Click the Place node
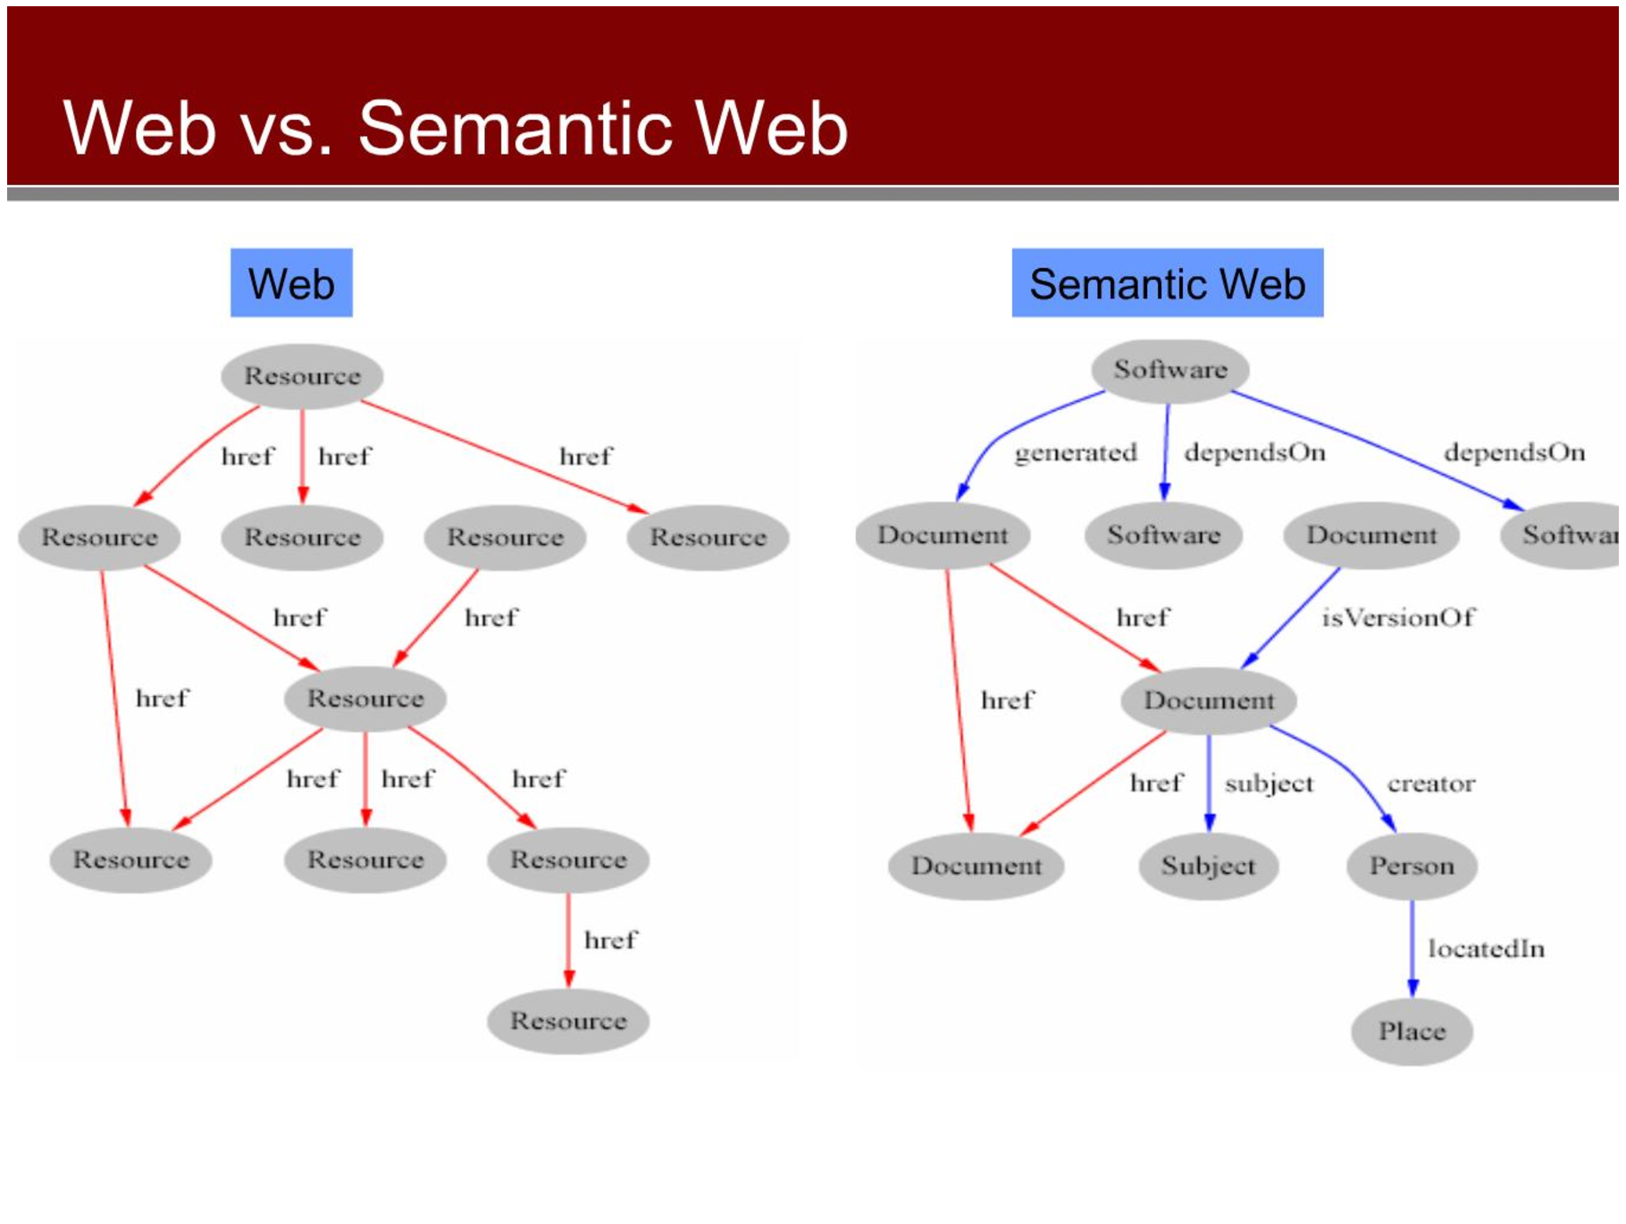click(1412, 1031)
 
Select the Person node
click(1412, 866)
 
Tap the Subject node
click(1208, 866)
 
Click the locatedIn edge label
click(1487, 949)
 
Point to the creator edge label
click(1430, 784)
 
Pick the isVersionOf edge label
click(1398, 617)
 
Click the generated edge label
click(1076, 453)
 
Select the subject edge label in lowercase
click(1269, 784)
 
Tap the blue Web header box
click(291, 283)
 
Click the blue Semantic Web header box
click(1168, 283)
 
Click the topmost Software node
click(1169, 370)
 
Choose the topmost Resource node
click(302, 376)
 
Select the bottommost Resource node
click(568, 1020)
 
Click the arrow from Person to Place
click(1412, 948)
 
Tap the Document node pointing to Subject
click(1209, 700)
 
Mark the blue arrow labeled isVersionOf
click(1289, 617)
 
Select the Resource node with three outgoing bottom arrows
click(365, 699)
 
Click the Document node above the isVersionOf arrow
click(1371, 535)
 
